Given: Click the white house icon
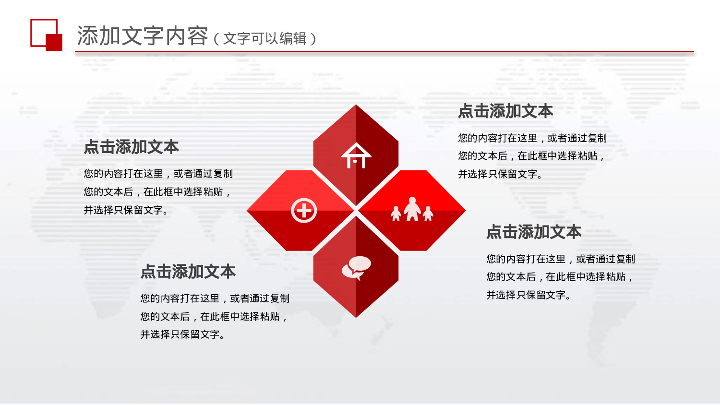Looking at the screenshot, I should [356, 156].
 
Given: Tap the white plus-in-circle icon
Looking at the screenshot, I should [304, 210].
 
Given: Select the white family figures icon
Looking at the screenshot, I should [412, 210].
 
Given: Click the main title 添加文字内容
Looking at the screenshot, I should [143, 36].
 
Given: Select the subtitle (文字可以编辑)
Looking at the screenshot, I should [264, 38].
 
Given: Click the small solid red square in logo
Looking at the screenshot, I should [54, 42].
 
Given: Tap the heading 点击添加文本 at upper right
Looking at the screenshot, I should [505, 111].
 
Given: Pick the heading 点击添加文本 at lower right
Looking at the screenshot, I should [534, 232].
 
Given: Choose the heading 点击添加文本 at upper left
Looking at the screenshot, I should [132, 147].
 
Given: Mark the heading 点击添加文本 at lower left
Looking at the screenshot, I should [188, 272].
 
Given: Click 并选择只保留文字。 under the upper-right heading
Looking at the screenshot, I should [500, 174].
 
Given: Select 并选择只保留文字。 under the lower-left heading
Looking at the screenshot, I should [182, 334].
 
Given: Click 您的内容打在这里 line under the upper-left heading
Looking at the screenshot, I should [158, 174].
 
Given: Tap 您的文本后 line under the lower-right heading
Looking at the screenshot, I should [559, 277].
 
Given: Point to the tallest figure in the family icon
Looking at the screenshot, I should [412, 209].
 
